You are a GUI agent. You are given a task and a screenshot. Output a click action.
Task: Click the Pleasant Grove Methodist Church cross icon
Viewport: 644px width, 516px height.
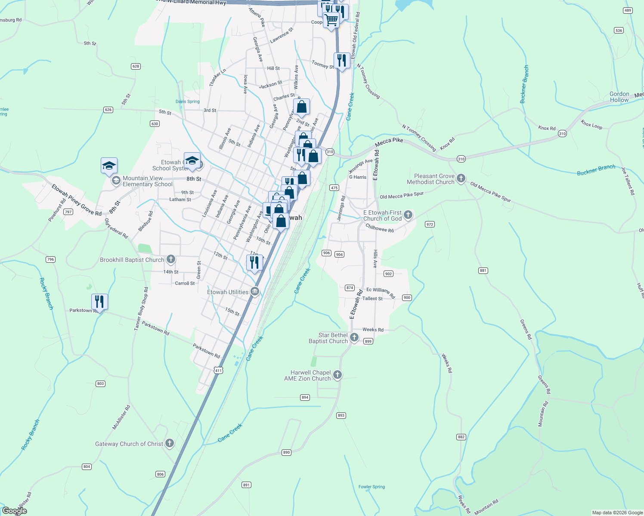(x=461, y=178)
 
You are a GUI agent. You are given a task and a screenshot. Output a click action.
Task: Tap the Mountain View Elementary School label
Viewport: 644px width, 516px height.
(x=147, y=181)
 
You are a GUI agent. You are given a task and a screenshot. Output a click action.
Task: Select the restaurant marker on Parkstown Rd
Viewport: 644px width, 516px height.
(x=99, y=302)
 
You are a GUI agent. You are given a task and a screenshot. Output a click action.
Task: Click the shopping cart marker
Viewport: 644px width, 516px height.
(x=331, y=20)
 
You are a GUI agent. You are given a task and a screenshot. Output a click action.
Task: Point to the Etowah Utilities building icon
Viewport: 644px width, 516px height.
(x=255, y=292)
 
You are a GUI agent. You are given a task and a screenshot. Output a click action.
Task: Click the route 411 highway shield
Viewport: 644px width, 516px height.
(x=219, y=370)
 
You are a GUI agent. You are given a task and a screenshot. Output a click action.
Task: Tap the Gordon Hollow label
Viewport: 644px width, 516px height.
(x=619, y=97)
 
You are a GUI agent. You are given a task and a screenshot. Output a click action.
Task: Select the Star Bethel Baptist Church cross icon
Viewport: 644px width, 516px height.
(x=354, y=338)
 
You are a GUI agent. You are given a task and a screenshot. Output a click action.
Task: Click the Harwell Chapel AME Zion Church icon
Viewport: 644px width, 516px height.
(x=337, y=375)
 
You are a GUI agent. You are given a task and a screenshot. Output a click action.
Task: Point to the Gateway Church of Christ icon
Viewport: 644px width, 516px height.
(x=170, y=443)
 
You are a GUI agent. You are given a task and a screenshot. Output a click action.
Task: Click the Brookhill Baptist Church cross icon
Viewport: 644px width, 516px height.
(x=171, y=259)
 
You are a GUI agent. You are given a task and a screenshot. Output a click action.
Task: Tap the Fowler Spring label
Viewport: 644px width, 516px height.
(x=372, y=487)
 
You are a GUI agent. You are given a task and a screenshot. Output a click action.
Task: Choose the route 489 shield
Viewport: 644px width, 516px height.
(x=628, y=11)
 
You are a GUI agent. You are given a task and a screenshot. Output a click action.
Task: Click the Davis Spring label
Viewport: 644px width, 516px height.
(x=187, y=101)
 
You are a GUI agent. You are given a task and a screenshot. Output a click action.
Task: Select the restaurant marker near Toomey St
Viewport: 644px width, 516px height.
(x=342, y=61)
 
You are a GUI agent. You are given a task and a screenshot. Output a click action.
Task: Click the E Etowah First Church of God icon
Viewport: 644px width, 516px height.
(x=408, y=215)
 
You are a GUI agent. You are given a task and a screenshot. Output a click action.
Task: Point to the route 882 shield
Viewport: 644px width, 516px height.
(x=461, y=437)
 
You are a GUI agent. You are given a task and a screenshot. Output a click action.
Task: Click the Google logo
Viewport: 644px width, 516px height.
(x=15, y=511)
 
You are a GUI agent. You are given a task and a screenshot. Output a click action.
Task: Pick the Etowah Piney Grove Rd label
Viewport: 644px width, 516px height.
(x=76, y=200)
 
